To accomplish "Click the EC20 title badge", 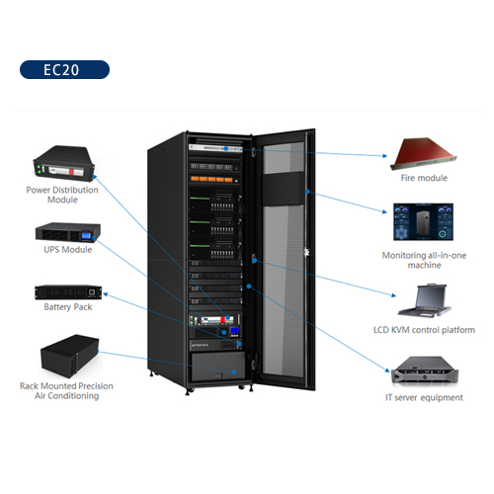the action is pos(64,69).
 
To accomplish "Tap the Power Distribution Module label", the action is pos(62,195).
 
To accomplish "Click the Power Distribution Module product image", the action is pos(64,164).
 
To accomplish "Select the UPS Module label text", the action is pos(68,250).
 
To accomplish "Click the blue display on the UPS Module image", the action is pos(86,235).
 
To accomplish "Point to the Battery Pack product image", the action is pos(68,292).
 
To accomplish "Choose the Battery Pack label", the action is pos(68,307).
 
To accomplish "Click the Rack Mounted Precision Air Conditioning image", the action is pos(69,356).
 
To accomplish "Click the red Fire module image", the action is pos(424,153).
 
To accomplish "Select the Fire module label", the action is pos(424,178).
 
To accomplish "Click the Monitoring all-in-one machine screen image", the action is pos(423,221).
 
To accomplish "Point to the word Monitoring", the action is pos(404,256).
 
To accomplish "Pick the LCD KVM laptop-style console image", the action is pos(425,300).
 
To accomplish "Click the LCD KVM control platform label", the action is pos(424,330).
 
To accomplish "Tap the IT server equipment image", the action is pos(425,371).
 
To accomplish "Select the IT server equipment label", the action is pos(424,397).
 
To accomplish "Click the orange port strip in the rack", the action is pos(211,179).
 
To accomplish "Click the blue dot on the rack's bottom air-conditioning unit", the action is pos(233,372).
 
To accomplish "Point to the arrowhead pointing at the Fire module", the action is pos(384,156).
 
